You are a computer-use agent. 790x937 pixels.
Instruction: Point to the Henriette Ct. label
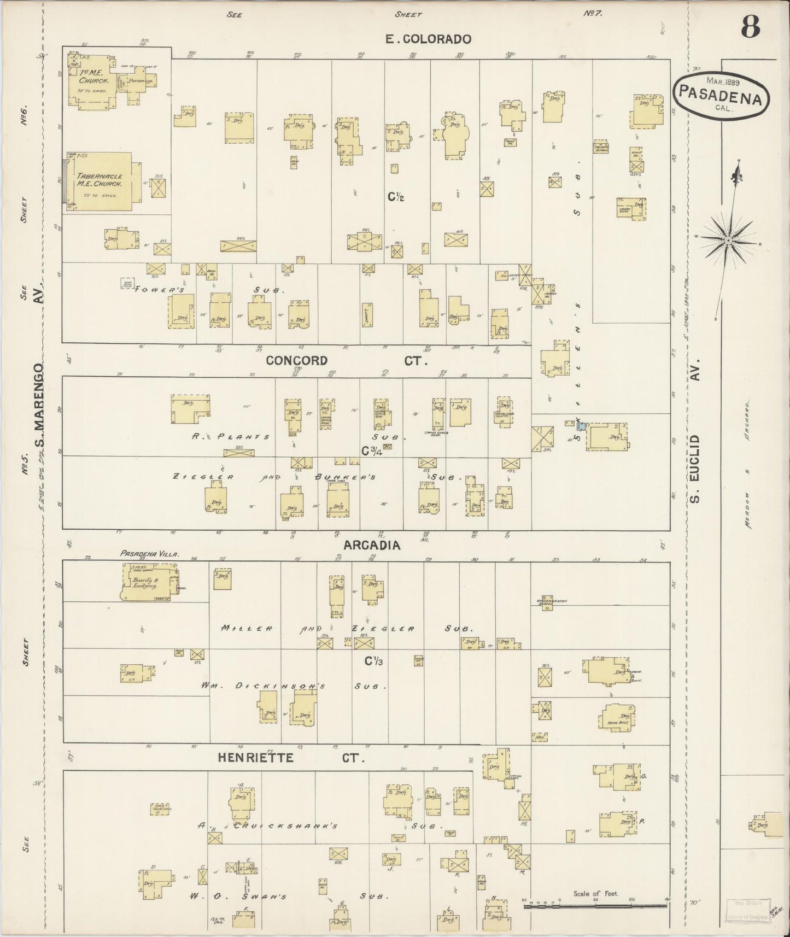click(x=290, y=758)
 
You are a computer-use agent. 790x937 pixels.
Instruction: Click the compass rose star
click(x=729, y=241)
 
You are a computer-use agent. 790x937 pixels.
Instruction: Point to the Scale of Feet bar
click(x=595, y=906)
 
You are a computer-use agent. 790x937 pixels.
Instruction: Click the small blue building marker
click(x=583, y=425)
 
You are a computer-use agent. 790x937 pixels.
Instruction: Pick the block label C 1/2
click(x=396, y=197)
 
